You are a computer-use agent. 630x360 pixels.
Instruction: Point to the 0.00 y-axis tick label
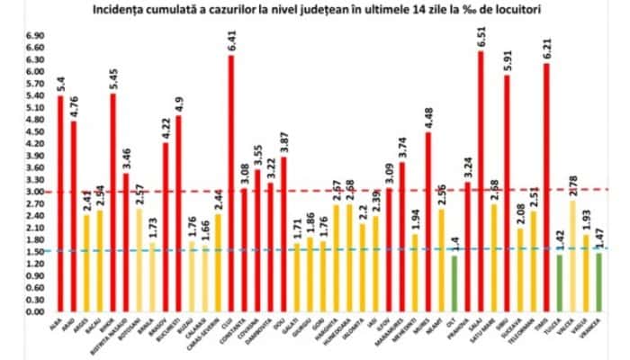[x=35, y=311]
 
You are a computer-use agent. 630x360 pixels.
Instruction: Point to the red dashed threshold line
[x=360, y=190]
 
